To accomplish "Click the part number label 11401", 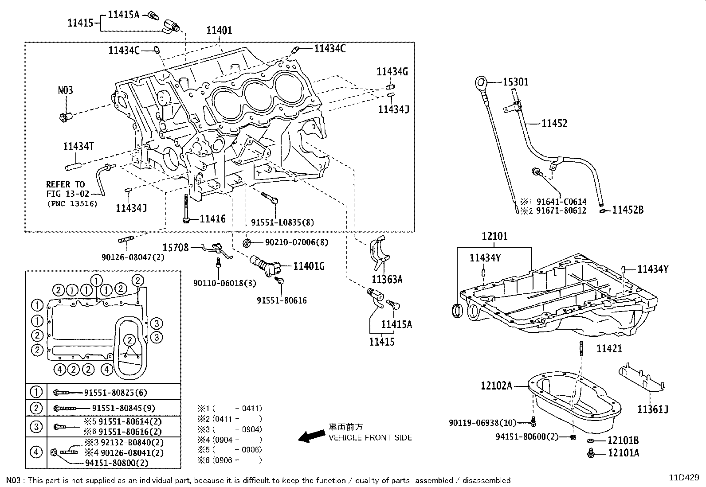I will coord(219,30).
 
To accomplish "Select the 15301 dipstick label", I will coord(515,82).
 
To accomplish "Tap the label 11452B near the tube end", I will coord(628,210).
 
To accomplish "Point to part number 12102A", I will coord(496,386).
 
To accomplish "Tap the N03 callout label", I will coord(65,90).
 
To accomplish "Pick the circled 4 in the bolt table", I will coord(36,452).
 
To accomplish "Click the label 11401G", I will coord(309,266).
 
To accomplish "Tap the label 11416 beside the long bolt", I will coord(212,219).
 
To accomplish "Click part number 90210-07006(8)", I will coord(297,242).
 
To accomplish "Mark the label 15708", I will coord(175,247).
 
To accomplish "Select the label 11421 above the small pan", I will coord(609,349).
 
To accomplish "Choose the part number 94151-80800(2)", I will coord(116,463).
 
